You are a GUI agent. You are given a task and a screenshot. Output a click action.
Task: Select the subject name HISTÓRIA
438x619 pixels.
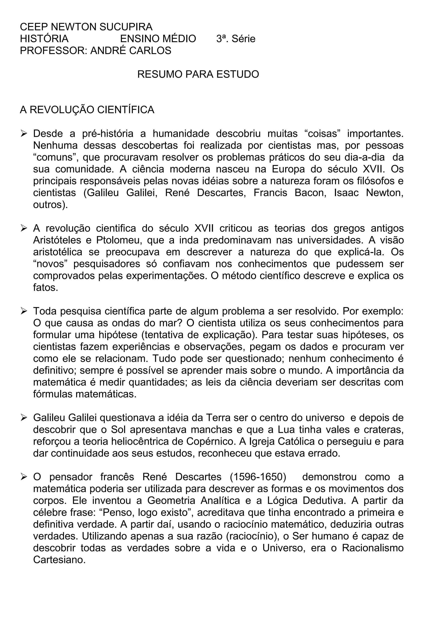tap(44, 39)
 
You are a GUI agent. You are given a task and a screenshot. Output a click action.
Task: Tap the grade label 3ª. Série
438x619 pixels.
tap(236, 39)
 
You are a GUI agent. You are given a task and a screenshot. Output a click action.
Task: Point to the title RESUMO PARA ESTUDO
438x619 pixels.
tap(198, 74)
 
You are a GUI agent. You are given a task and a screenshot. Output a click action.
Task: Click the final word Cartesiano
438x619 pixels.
tap(59, 560)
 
